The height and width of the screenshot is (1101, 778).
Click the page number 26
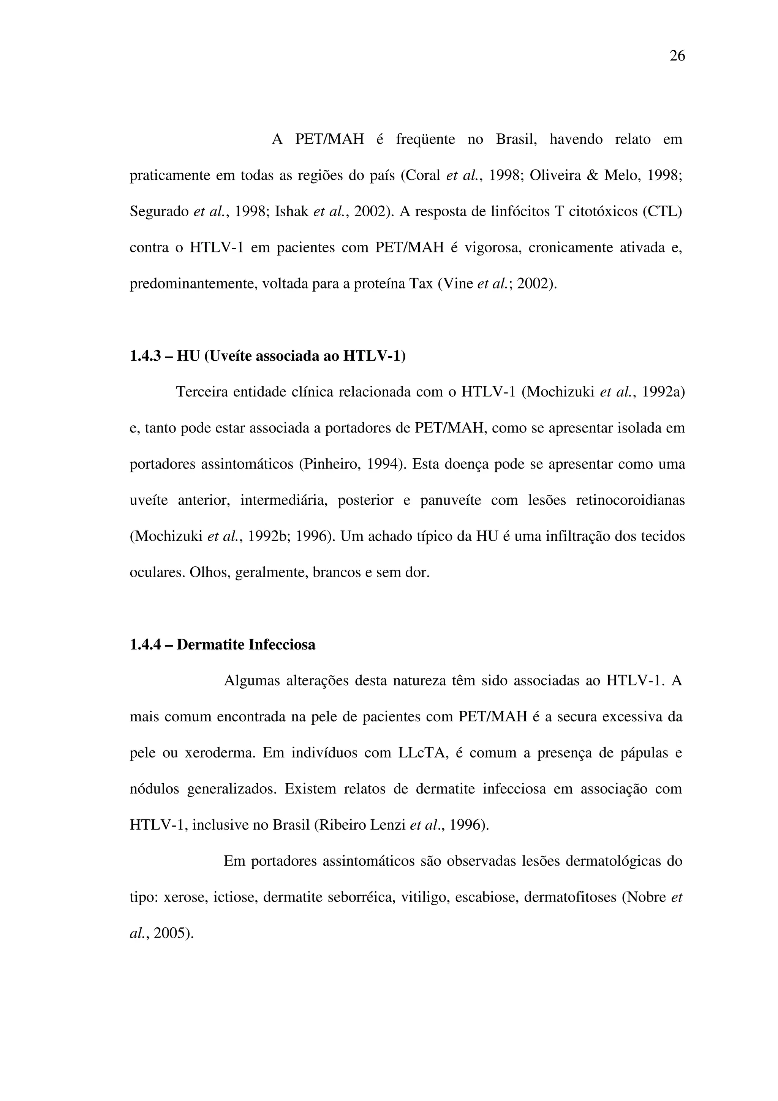(677, 56)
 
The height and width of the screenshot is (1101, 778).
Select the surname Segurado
(159, 211)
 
